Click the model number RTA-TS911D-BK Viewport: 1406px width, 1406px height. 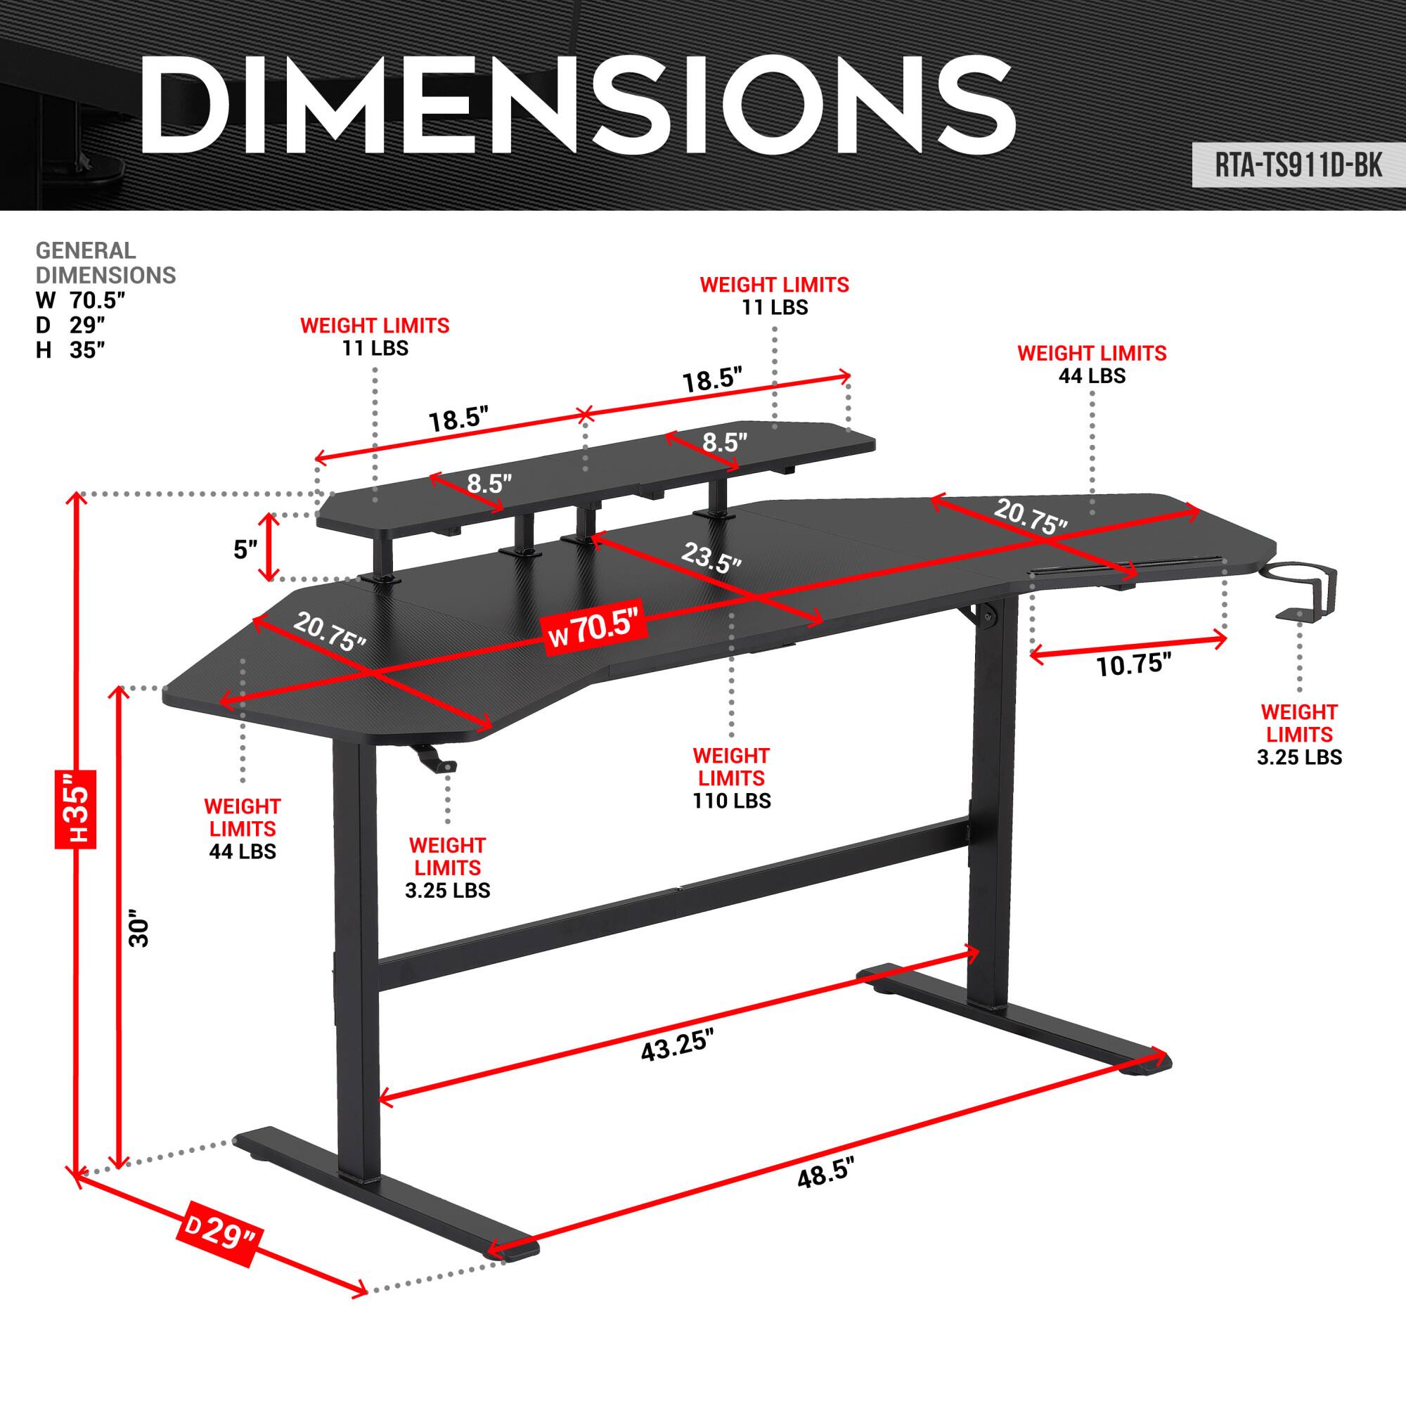pos(1298,167)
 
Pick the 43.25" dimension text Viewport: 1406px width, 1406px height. pos(677,1047)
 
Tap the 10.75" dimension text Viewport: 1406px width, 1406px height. pos(1133,664)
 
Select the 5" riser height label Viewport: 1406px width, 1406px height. pos(246,550)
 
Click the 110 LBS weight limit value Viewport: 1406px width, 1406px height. pos(731,801)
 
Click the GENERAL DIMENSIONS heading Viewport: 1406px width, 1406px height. pos(105,263)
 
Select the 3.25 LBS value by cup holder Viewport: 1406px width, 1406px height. pos(1299,757)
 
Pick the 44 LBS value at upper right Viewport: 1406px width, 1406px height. pos(1092,375)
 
